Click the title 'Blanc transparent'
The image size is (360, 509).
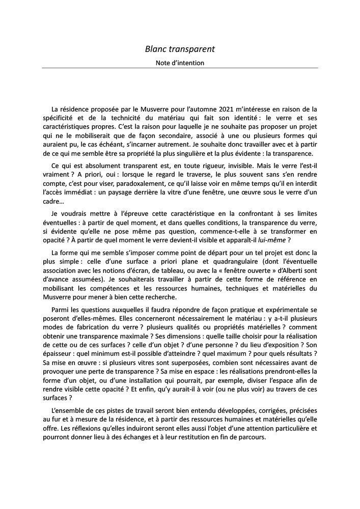[180, 49]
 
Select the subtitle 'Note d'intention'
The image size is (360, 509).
[180, 63]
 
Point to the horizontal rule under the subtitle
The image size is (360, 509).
[180, 68]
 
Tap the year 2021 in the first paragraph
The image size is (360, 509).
[229, 109]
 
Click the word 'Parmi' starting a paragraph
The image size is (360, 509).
[61, 310]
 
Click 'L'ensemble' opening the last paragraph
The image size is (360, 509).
[70, 410]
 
